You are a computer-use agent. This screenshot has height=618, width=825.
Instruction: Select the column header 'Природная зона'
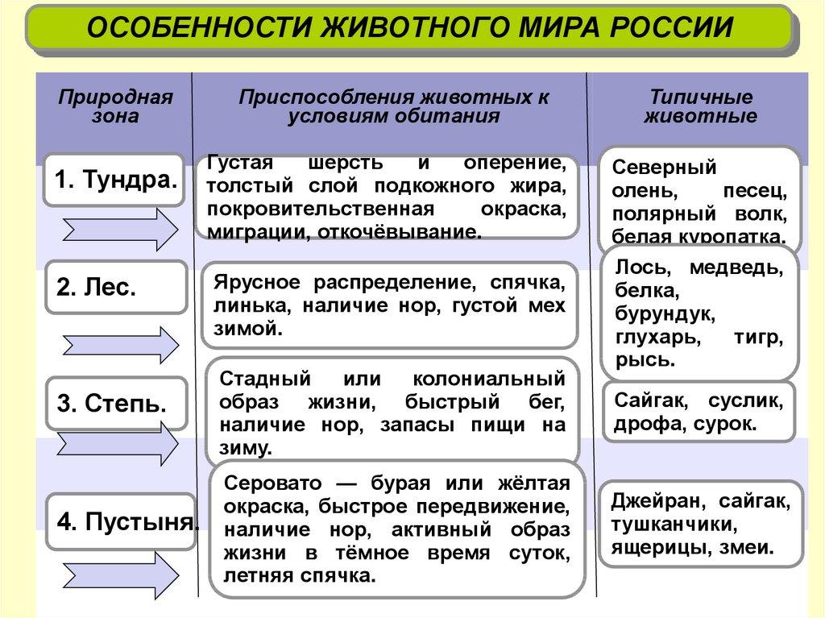click(116, 106)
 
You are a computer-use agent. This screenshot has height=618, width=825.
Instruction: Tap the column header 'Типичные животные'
click(701, 106)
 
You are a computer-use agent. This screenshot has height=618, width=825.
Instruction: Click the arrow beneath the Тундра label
click(119, 230)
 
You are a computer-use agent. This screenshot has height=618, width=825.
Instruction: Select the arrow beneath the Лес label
click(119, 344)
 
